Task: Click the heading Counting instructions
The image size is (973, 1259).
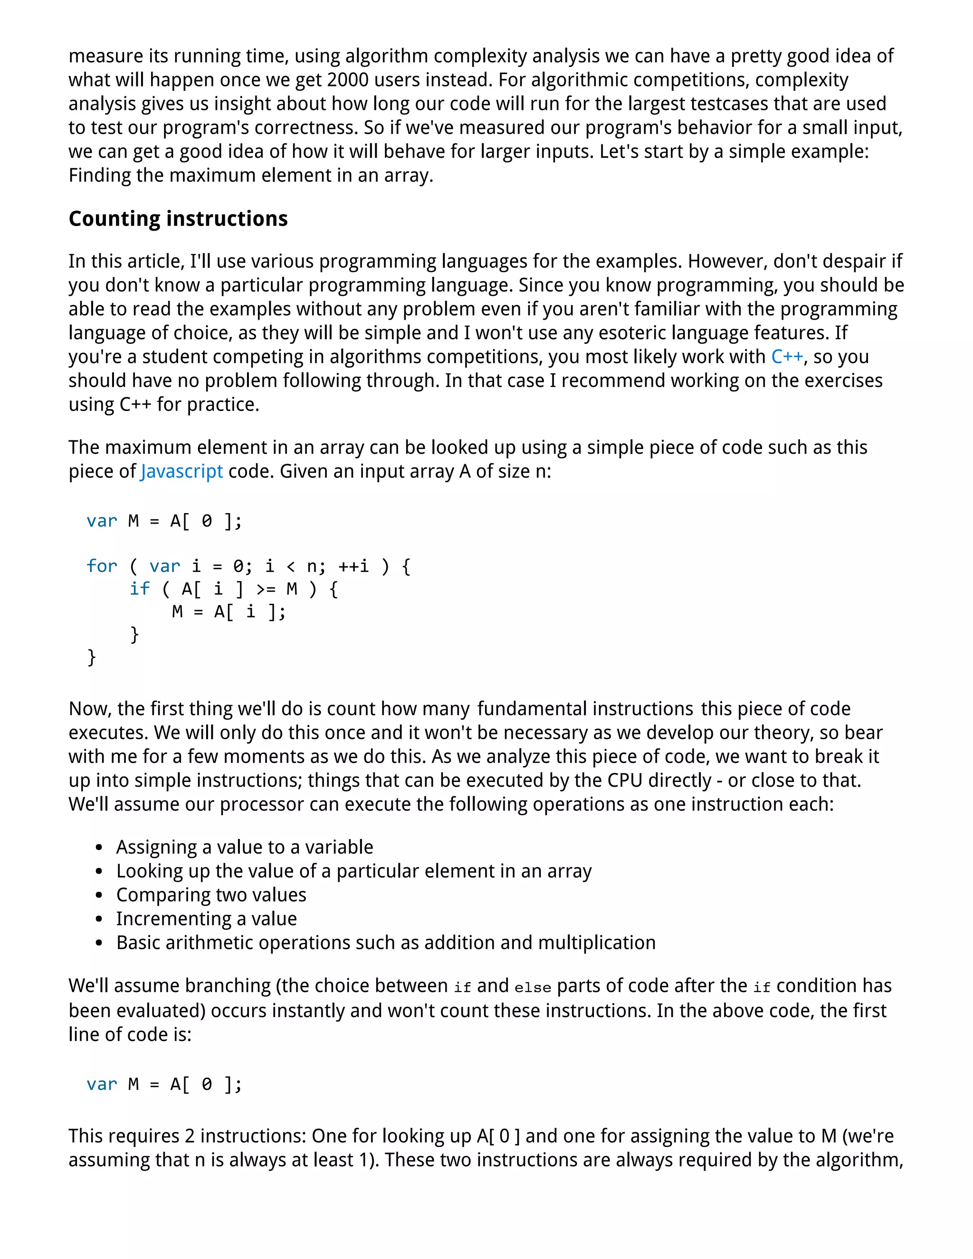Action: pos(178,219)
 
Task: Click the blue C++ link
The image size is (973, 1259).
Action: pos(787,357)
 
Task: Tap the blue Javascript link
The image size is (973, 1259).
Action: pos(181,472)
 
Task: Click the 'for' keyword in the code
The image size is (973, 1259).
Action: pos(102,566)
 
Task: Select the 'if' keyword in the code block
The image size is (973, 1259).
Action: pos(140,589)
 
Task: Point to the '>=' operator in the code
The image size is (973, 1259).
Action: pos(266,589)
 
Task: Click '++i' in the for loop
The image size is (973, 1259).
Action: pos(353,566)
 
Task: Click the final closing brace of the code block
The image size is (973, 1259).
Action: pos(91,657)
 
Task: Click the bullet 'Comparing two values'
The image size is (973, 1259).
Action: pos(211,895)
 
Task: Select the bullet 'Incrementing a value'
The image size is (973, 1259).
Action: pos(206,918)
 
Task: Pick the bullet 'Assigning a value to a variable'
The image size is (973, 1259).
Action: pos(244,847)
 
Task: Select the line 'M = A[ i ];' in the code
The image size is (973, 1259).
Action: pos(229,611)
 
